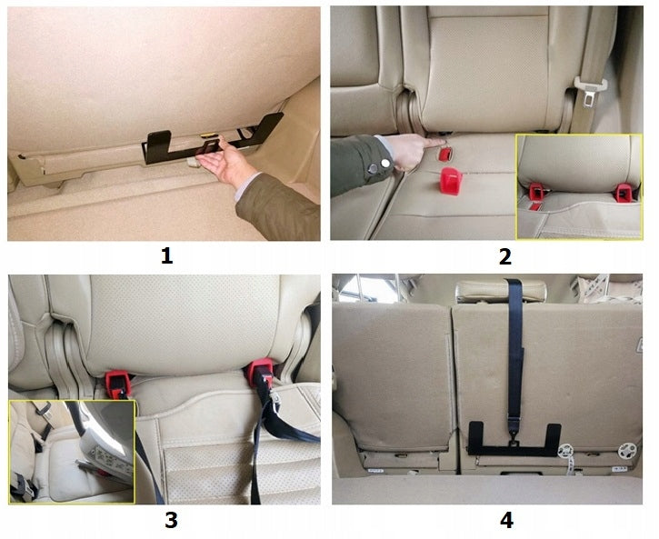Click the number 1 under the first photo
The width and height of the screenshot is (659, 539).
pos(165,255)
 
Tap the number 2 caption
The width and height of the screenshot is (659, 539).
pos(504,255)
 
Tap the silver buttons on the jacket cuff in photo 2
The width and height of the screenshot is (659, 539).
pos(378,164)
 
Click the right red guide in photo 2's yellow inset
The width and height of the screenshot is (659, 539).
pos(623,192)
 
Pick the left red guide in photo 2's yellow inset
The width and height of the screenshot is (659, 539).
pos(536,192)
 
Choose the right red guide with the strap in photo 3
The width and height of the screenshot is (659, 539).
pos(262,373)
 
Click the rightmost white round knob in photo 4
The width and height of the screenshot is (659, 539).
pos(624,449)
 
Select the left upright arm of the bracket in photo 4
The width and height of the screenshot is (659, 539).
pos(475,437)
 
